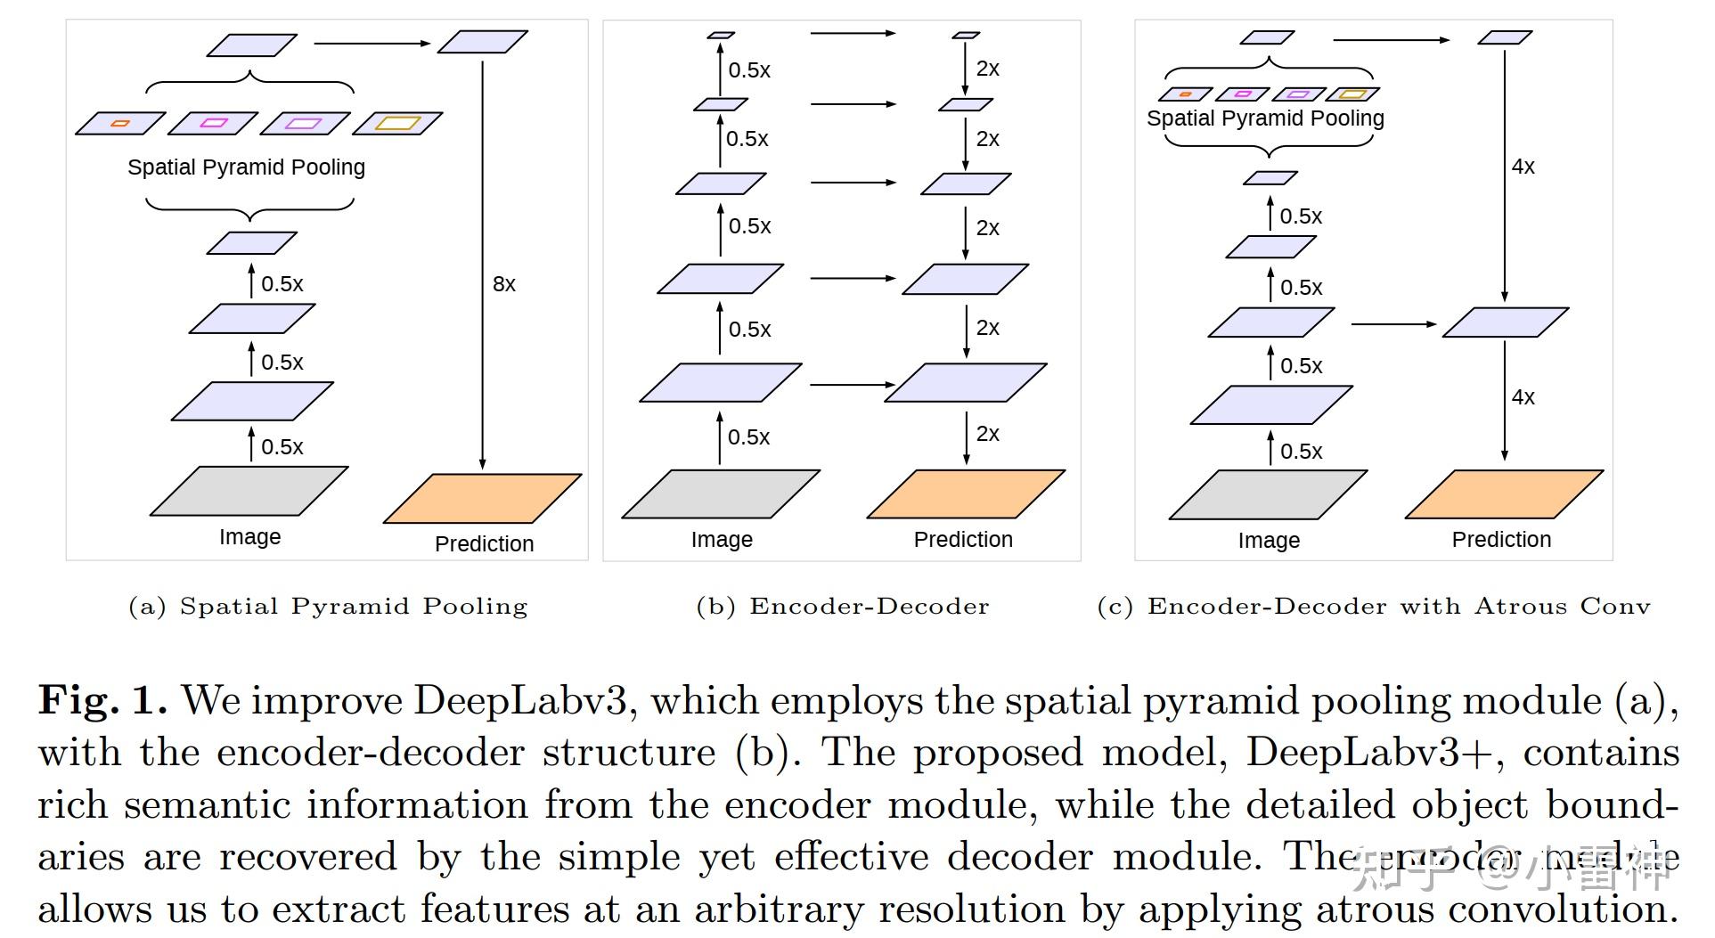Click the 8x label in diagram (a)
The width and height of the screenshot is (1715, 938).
pyautogui.click(x=503, y=284)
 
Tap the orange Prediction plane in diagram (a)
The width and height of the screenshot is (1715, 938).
pyautogui.click(x=482, y=498)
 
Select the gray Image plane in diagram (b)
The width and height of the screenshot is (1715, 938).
pyautogui.click(x=720, y=493)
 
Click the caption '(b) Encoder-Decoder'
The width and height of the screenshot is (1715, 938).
pyautogui.click(x=842, y=607)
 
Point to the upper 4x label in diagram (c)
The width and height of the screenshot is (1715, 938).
pyautogui.click(x=1523, y=167)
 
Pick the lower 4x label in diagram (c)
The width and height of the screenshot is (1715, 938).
pyautogui.click(x=1523, y=397)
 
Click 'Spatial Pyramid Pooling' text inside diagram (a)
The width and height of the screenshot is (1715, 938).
pyautogui.click(x=246, y=167)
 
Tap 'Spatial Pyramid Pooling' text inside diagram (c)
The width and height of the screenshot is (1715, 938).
pyautogui.click(x=1265, y=118)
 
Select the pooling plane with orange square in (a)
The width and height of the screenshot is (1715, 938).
pyautogui.click(x=120, y=123)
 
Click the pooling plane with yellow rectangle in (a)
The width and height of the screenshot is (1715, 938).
pyautogui.click(x=397, y=123)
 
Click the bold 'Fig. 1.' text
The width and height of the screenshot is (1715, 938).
pyautogui.click(x=102, y=701)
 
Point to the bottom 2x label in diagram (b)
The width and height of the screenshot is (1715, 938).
pyautogui.click(x=987, y=434)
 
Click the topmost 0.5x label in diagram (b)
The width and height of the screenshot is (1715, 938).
pyautogui.click(x=748, y=70)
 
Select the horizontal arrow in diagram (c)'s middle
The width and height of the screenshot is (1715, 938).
pyautogui.click(x=1393, y=324)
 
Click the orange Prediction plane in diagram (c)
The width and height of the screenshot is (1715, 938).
pyautogui.click(x=1504, y=493)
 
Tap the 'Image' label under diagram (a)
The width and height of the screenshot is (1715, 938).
pyautogui.click(x=249, y=537)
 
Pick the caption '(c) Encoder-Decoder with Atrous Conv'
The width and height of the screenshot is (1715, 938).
pyautogui.click(x=1373, y=607)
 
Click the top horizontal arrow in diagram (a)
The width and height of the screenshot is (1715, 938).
pyautogui.click(x=372, y=43)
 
